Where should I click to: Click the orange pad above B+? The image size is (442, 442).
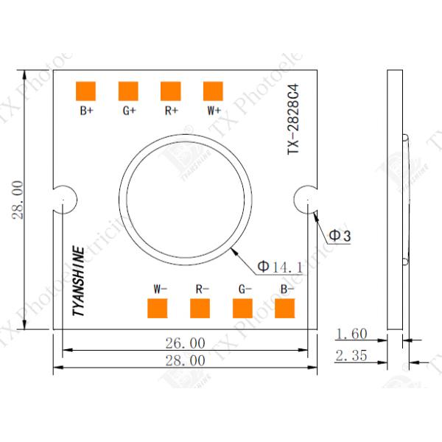pyautogui.click(x=87, y=91)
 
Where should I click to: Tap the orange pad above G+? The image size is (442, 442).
pyautogui.click(x=129, y=91)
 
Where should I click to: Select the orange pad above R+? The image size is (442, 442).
pyautogui.click(x=171, y=91)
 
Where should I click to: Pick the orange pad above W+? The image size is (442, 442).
pyautogui.click(x=214, y=91)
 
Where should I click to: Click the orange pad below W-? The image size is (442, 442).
pyautogui.click(x=158, y=309)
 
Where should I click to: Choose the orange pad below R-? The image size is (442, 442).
pyautogui.click(x=200, y=309)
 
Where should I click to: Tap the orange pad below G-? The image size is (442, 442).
pyautogui.click(x=243, y=309)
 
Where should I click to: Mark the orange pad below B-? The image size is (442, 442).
pyautogui.click(x=285, y=309)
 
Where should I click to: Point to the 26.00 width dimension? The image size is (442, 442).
pyautogui.click(x=185, y=343)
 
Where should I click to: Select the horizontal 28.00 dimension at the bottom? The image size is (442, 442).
pyautogui.click(x=185, y=360)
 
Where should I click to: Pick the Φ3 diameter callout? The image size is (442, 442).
pyautogui.click(x=339, y=235)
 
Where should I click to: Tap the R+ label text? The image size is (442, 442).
pyautogui.click(x=171, y=111)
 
